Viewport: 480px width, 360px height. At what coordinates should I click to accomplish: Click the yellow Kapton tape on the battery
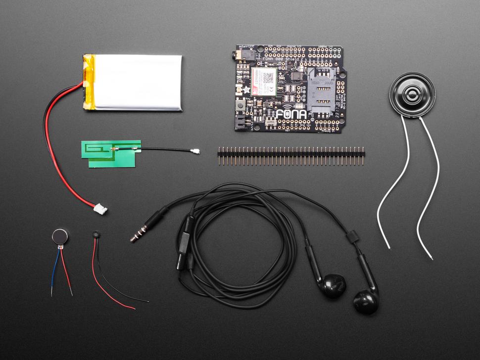click(89, 82)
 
